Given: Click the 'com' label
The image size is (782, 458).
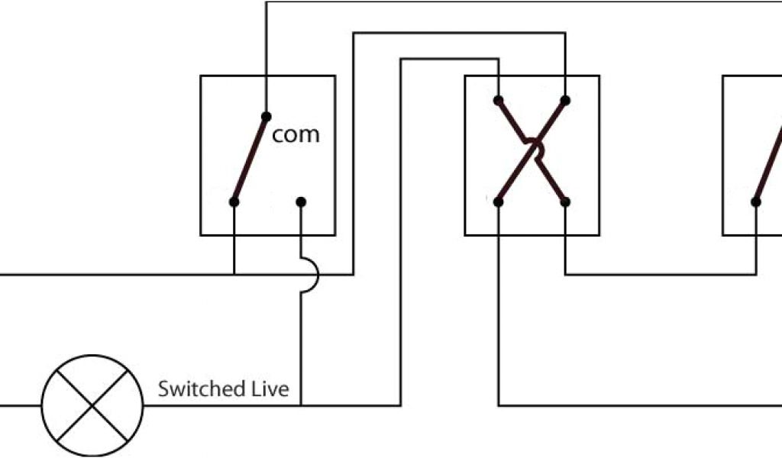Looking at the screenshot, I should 296,135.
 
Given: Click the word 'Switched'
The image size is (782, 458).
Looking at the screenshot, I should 198,389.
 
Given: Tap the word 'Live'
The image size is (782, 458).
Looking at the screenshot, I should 270,389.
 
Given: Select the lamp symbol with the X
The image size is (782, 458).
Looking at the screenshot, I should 92,405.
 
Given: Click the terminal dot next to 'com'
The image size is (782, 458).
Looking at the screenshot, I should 266,116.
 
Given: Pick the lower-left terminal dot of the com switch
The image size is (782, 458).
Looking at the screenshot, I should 234,202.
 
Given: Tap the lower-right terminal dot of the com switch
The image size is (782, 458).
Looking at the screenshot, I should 301,202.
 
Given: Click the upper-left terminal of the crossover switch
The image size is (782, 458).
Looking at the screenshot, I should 498,100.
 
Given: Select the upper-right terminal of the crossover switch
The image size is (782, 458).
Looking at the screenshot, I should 565,100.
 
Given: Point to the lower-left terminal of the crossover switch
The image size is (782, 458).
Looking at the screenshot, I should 498,202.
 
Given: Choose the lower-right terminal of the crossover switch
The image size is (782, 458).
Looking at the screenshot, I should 565,202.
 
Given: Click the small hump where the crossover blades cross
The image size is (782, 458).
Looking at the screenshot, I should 535,150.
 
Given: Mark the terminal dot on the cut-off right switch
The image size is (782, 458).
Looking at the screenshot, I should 756,202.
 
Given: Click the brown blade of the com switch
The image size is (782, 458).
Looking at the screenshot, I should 250,160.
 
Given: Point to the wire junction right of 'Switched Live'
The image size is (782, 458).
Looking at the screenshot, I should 301,405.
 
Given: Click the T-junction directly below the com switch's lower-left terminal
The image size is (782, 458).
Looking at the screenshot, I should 234,274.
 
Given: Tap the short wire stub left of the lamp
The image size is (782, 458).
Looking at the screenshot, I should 20,405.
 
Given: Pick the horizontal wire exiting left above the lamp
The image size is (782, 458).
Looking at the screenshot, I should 115,274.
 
